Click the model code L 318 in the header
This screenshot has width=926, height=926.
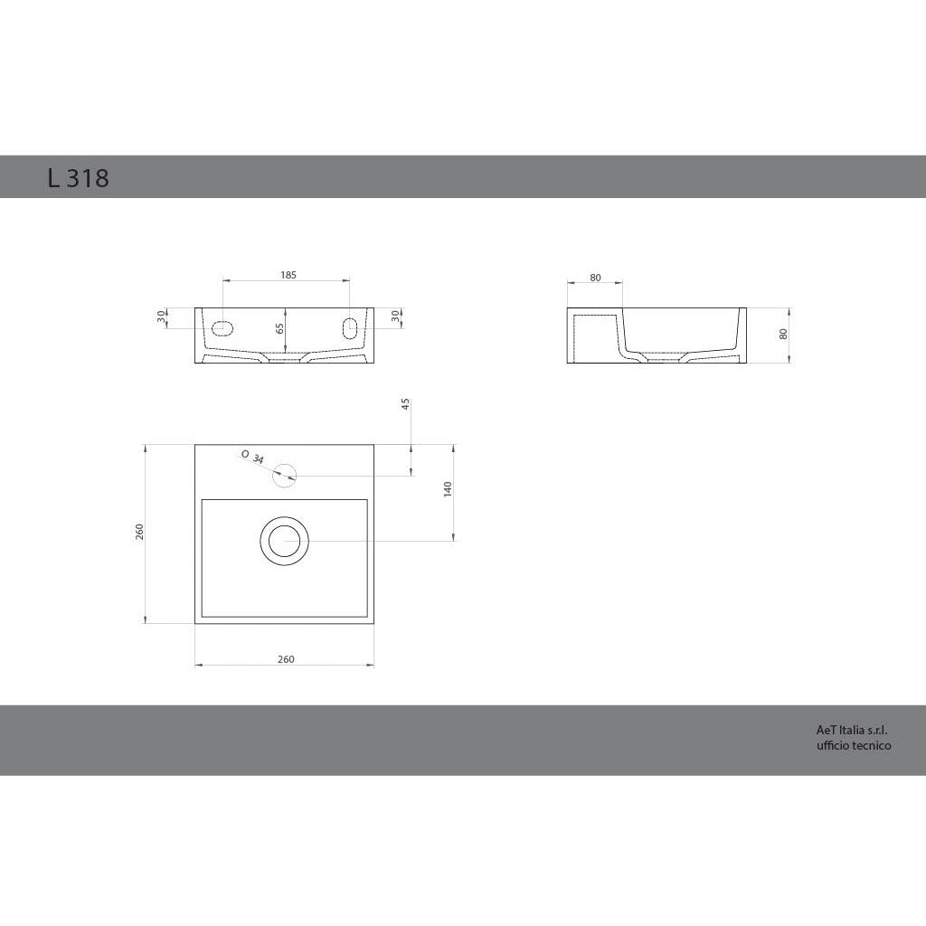(x=78, y=178)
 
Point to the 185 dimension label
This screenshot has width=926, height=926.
(x=288, y=274)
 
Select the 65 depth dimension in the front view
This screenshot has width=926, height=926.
(x=280, y=329)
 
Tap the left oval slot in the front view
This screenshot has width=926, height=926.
(x=222, y=326)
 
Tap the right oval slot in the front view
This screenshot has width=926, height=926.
(x=350, y=326)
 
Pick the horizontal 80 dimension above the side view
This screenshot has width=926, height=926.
(x=595, y=278)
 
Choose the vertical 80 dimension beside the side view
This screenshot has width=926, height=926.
(x=783, y=334)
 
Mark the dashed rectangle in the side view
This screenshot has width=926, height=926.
(x=593, y=336)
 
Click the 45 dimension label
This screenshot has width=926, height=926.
(x=405, y=403)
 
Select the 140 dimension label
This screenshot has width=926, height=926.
(x=448, y=489)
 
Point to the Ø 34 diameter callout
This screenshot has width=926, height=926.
(x=253, y=457)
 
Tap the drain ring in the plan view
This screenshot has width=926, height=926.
(x=285, y=541)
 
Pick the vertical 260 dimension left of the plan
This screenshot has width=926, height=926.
(x=140, y=531)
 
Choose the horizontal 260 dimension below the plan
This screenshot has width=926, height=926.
(x=285, y=659)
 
